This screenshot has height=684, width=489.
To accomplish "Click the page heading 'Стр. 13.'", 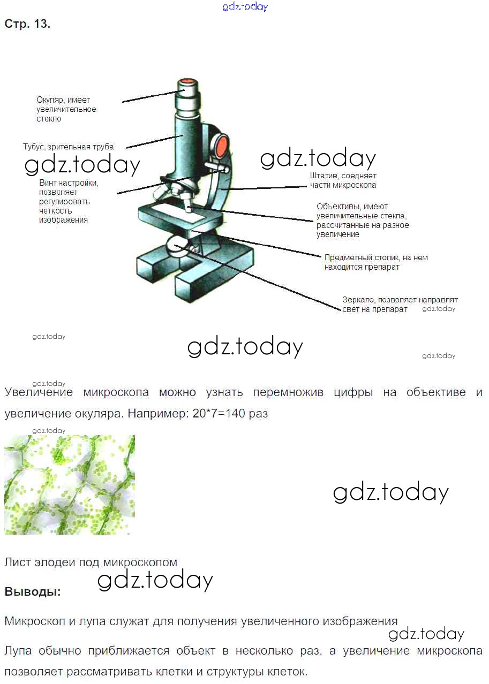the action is [27, 24].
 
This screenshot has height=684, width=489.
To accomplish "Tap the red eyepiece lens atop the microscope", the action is [187, 81].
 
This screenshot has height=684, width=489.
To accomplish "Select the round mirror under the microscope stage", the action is [178, 247].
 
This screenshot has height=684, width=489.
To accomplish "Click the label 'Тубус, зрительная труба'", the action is [68, 147].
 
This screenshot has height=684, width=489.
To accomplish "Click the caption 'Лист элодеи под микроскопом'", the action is [91, 562].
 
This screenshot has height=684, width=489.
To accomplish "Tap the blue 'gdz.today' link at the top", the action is [245, 7].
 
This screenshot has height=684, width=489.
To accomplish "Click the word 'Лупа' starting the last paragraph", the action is [18, 651].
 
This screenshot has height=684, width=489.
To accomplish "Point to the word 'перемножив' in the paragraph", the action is [288, 392].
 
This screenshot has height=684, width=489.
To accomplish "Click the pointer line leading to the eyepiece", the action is [151, 96].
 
